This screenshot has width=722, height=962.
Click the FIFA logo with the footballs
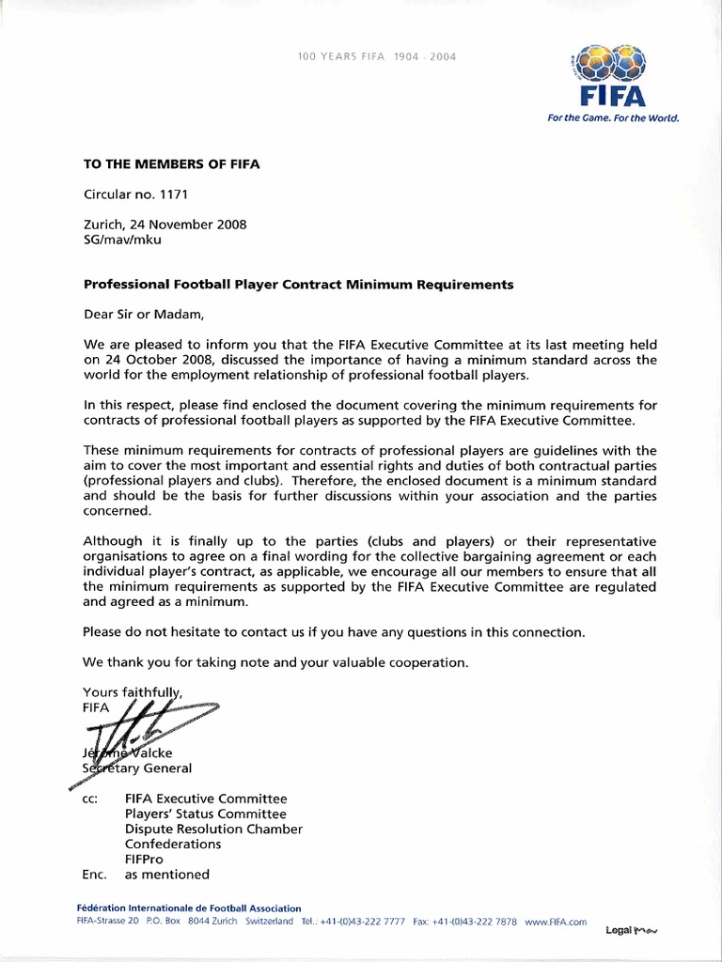pos(612,75)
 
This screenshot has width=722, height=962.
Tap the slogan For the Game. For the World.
pos(612,118)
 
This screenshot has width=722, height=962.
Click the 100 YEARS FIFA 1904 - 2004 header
pos(376,57)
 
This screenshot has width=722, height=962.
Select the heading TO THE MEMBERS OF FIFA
pos(171,163)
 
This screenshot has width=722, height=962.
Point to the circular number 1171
pos(136,195)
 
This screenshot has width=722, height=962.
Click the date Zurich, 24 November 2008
pos(165,225)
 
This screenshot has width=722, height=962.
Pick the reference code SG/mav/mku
pos(122,240)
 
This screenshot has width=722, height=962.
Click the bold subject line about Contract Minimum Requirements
pos(298,285)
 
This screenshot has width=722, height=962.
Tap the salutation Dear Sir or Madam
pos(143,314)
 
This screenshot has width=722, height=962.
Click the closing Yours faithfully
pos(133,691)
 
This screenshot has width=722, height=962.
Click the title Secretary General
pos(137,768)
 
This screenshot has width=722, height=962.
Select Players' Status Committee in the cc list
pos(205,814)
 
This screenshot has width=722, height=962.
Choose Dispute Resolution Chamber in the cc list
pos(213,829)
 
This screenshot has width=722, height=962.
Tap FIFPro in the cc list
pos(146,859)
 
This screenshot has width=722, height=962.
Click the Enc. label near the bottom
pos(95,874)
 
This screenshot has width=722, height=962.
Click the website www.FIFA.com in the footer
pos(556,923)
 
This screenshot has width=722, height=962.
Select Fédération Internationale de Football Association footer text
pos(189,908)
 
